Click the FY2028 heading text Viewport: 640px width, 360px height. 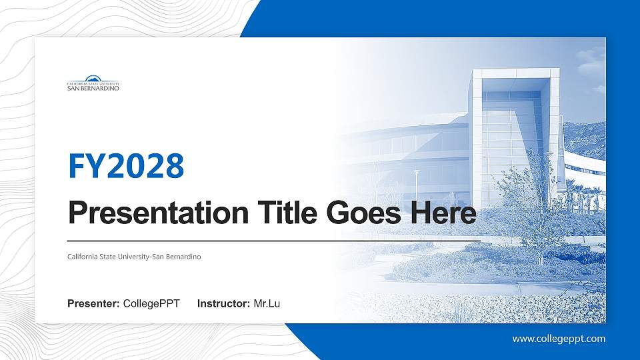coord(126,166)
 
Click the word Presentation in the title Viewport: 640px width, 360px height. coord(159,213)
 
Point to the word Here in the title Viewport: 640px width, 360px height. coord(443,213)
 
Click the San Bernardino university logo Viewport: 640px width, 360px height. coord(93,83)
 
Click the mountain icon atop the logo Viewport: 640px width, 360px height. coord(93,78)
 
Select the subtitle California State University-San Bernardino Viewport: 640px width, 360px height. coord(134,257)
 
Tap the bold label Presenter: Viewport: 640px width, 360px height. coord(93,304)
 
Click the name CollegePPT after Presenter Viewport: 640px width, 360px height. coord(151,304)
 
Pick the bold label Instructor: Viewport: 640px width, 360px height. coord(223,304)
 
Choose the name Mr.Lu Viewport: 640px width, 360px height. coord(267,304)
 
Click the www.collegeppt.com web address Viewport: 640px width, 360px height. coord(559,339)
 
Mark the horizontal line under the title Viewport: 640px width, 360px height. coord(274,241)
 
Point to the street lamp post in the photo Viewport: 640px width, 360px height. coord(416,189)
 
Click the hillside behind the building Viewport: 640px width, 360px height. coord(585,139)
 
